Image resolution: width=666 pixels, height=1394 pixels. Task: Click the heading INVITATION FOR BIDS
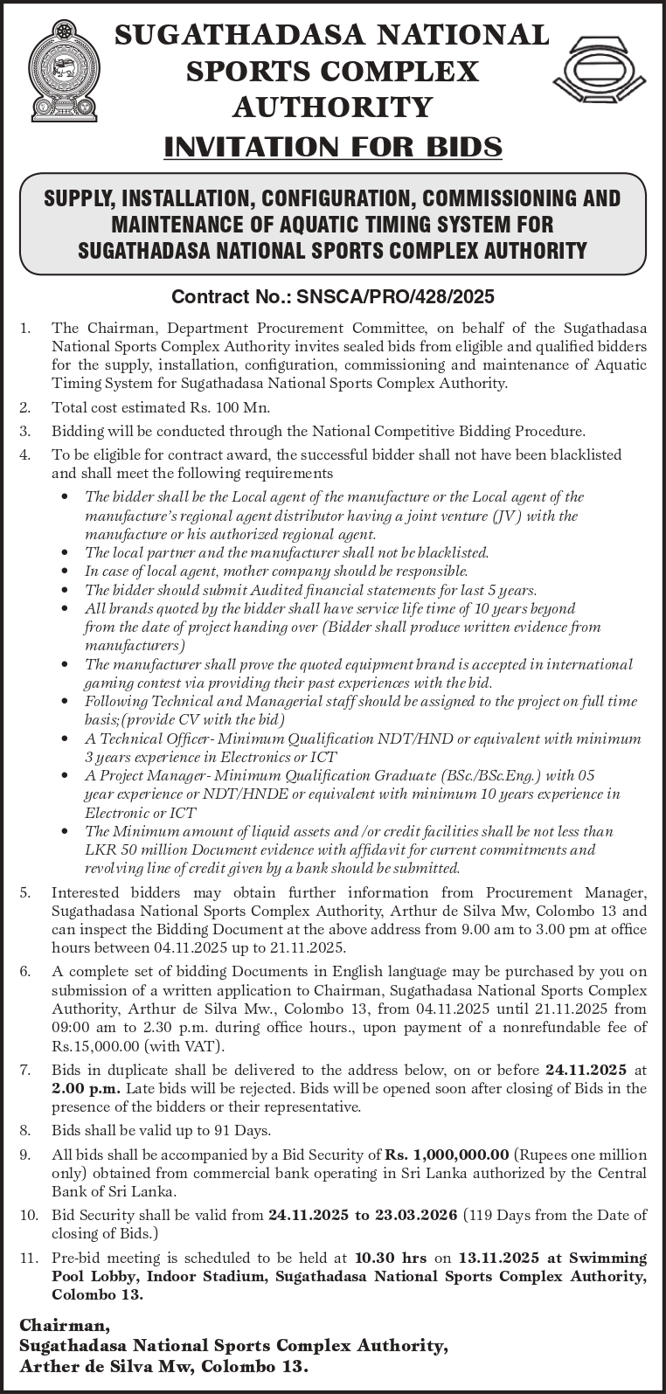click(x=333, y=146)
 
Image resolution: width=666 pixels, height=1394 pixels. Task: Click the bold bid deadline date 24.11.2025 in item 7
click(x=586, y=1069)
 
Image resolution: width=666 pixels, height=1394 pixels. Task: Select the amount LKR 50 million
click(x=135, y=850)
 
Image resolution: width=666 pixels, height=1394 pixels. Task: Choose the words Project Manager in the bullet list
click(x=141, y=775)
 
